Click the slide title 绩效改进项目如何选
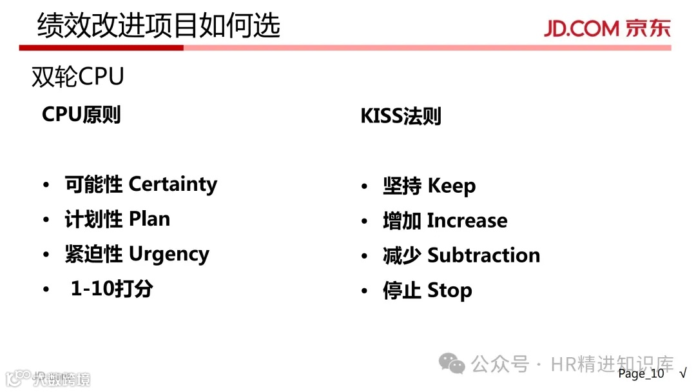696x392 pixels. click(x=159, y=26)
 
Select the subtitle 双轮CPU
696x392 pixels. click(x=77, y=77)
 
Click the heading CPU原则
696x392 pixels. click(x=81, y=115)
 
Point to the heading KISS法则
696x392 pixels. click(x=401, y=117)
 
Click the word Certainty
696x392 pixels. click(x=173, y=184)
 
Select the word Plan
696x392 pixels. click(x=150, y=219)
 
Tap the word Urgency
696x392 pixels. click(x=169, y=255)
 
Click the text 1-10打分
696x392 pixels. click(x=111, y=289)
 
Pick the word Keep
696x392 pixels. click(x=451, y=186)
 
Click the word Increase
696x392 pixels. click(x=467, y=220)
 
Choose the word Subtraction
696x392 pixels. click(x=483, y=255)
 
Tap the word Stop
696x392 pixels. click(x=449, y=290)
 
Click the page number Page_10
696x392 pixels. click(x=641, y=374)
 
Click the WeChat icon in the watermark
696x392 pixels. click(x=452, y=364)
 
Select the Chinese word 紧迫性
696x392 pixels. click(x=93, y=255)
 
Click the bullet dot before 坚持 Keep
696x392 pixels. click(x=365, y=187)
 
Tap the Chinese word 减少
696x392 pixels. click(x=401, y=255)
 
